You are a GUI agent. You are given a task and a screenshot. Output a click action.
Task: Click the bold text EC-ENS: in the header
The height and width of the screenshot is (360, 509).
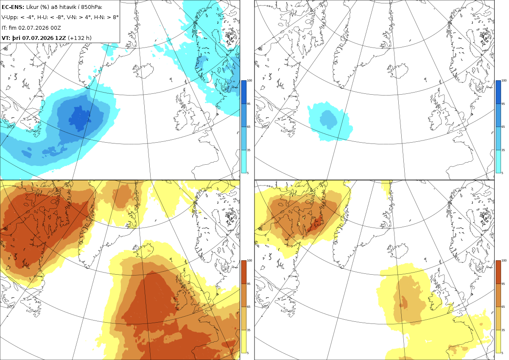coord(13,7)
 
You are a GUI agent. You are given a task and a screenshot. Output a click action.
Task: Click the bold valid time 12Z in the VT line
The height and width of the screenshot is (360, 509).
coord(60,38)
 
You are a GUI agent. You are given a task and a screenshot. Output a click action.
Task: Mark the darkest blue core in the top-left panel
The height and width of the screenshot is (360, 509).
coord(80,119)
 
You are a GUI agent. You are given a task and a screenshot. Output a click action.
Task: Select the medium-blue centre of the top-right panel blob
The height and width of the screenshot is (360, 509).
coord(328,120)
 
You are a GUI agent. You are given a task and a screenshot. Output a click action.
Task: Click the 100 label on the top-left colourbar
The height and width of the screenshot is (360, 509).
coord(249,81)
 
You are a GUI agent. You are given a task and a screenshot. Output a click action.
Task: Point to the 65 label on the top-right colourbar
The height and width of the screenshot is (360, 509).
coord(503,127)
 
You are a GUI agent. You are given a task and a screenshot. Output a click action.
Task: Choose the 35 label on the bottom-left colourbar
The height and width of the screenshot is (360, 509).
coord(249,330)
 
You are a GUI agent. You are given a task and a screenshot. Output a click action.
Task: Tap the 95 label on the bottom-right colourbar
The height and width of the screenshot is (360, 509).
coord(503,284)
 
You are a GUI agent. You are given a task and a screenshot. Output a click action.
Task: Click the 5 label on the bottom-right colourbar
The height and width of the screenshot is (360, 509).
coord(502,353)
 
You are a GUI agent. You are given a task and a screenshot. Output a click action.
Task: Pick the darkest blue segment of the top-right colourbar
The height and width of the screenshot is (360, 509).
coord(498,92)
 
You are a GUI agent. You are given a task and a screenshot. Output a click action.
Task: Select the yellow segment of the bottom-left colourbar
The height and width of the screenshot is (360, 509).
coord(243,341)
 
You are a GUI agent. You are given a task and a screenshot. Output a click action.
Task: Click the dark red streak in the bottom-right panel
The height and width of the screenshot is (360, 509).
coord(315,224)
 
